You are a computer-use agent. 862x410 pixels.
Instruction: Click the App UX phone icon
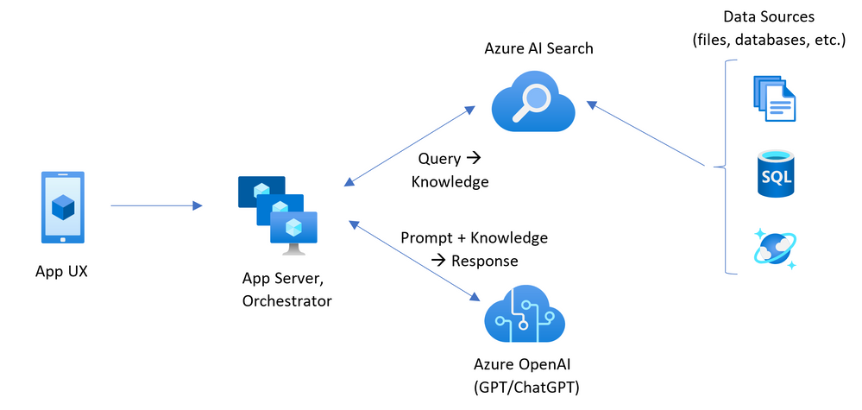tap(62, 207)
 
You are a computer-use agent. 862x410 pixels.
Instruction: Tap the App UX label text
tap(62, 271)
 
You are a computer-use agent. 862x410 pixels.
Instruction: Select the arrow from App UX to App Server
tap(155, 205)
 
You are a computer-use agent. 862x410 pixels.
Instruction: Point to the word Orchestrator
tap(287, 300)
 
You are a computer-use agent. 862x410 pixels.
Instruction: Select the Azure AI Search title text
tap(538, 48)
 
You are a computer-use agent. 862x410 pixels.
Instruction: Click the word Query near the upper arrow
tap(439, 159)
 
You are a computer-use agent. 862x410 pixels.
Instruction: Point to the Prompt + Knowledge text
tap(474, 237)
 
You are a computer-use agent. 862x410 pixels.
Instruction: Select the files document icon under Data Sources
tap(774, 98)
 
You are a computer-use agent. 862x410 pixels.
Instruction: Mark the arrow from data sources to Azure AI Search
tap(651, 134)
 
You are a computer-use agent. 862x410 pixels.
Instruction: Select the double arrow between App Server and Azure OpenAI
tap(414, 259)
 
